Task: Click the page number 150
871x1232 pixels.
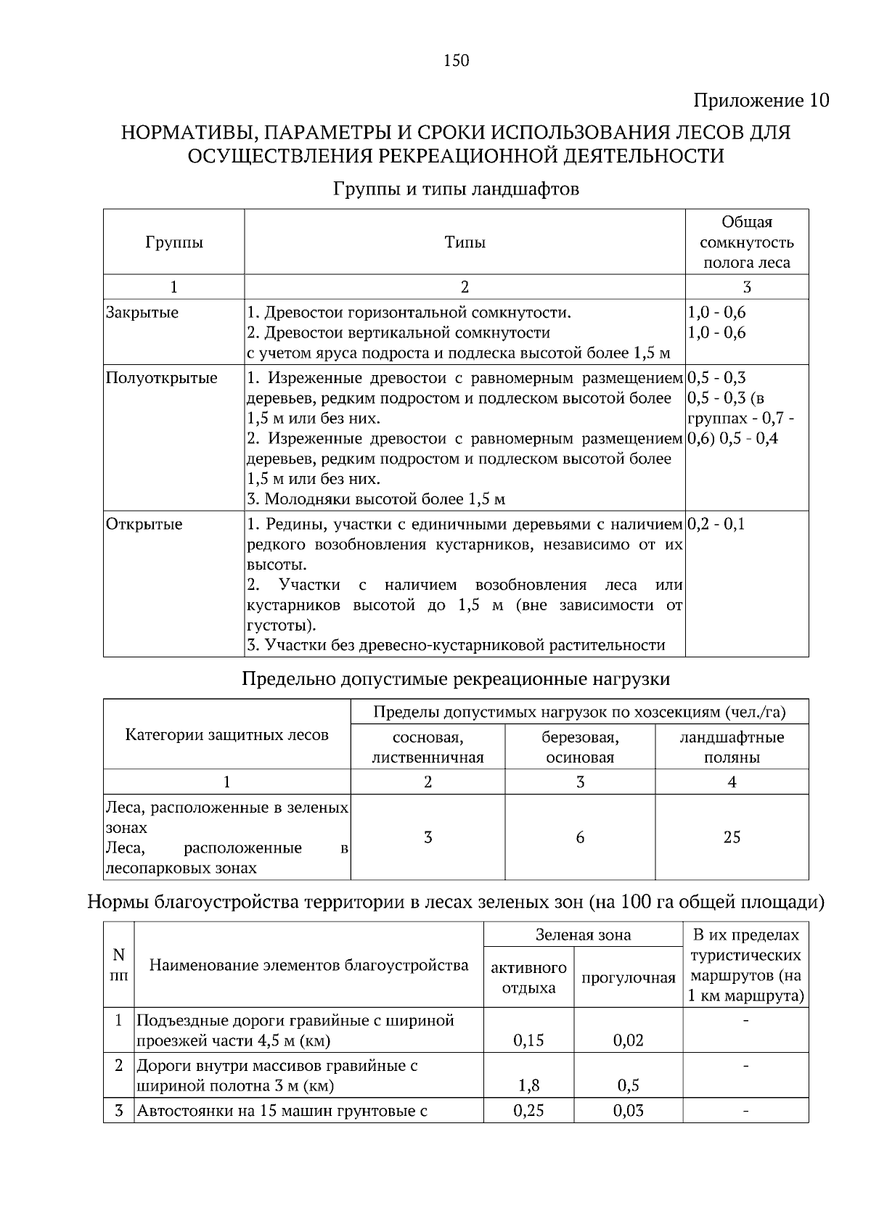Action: tap(457, 61)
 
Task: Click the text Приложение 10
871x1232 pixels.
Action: tap(761, 100)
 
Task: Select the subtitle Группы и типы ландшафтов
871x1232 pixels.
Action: tap(456, 189)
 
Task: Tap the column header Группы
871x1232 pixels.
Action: tap(173, 242)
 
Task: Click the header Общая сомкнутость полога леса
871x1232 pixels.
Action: tap(746, 242)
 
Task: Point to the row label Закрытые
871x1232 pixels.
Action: tap(142, 313)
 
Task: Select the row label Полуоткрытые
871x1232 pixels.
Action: tap(161, 378)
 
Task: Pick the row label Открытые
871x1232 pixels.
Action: tap(144, 524)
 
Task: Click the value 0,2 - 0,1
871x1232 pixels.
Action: tap(716, 524)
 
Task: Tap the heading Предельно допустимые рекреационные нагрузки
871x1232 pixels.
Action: tap(455, 679)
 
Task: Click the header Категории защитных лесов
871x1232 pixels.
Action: tap(226, 735)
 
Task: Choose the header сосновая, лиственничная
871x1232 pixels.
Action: tap(428, 747)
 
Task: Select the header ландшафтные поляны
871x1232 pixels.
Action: tap(732, 747)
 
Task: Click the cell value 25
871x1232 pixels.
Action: tap(732, 837)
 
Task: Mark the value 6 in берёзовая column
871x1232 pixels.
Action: tap(580, 837)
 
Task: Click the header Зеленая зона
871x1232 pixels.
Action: tap(583, 935)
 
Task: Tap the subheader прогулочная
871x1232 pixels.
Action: tap(628, 977)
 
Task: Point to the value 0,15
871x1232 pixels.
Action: tap(528, 1040)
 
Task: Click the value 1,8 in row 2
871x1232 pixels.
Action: tap(528, 1085)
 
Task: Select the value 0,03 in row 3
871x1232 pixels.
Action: tap(628, 1111)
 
